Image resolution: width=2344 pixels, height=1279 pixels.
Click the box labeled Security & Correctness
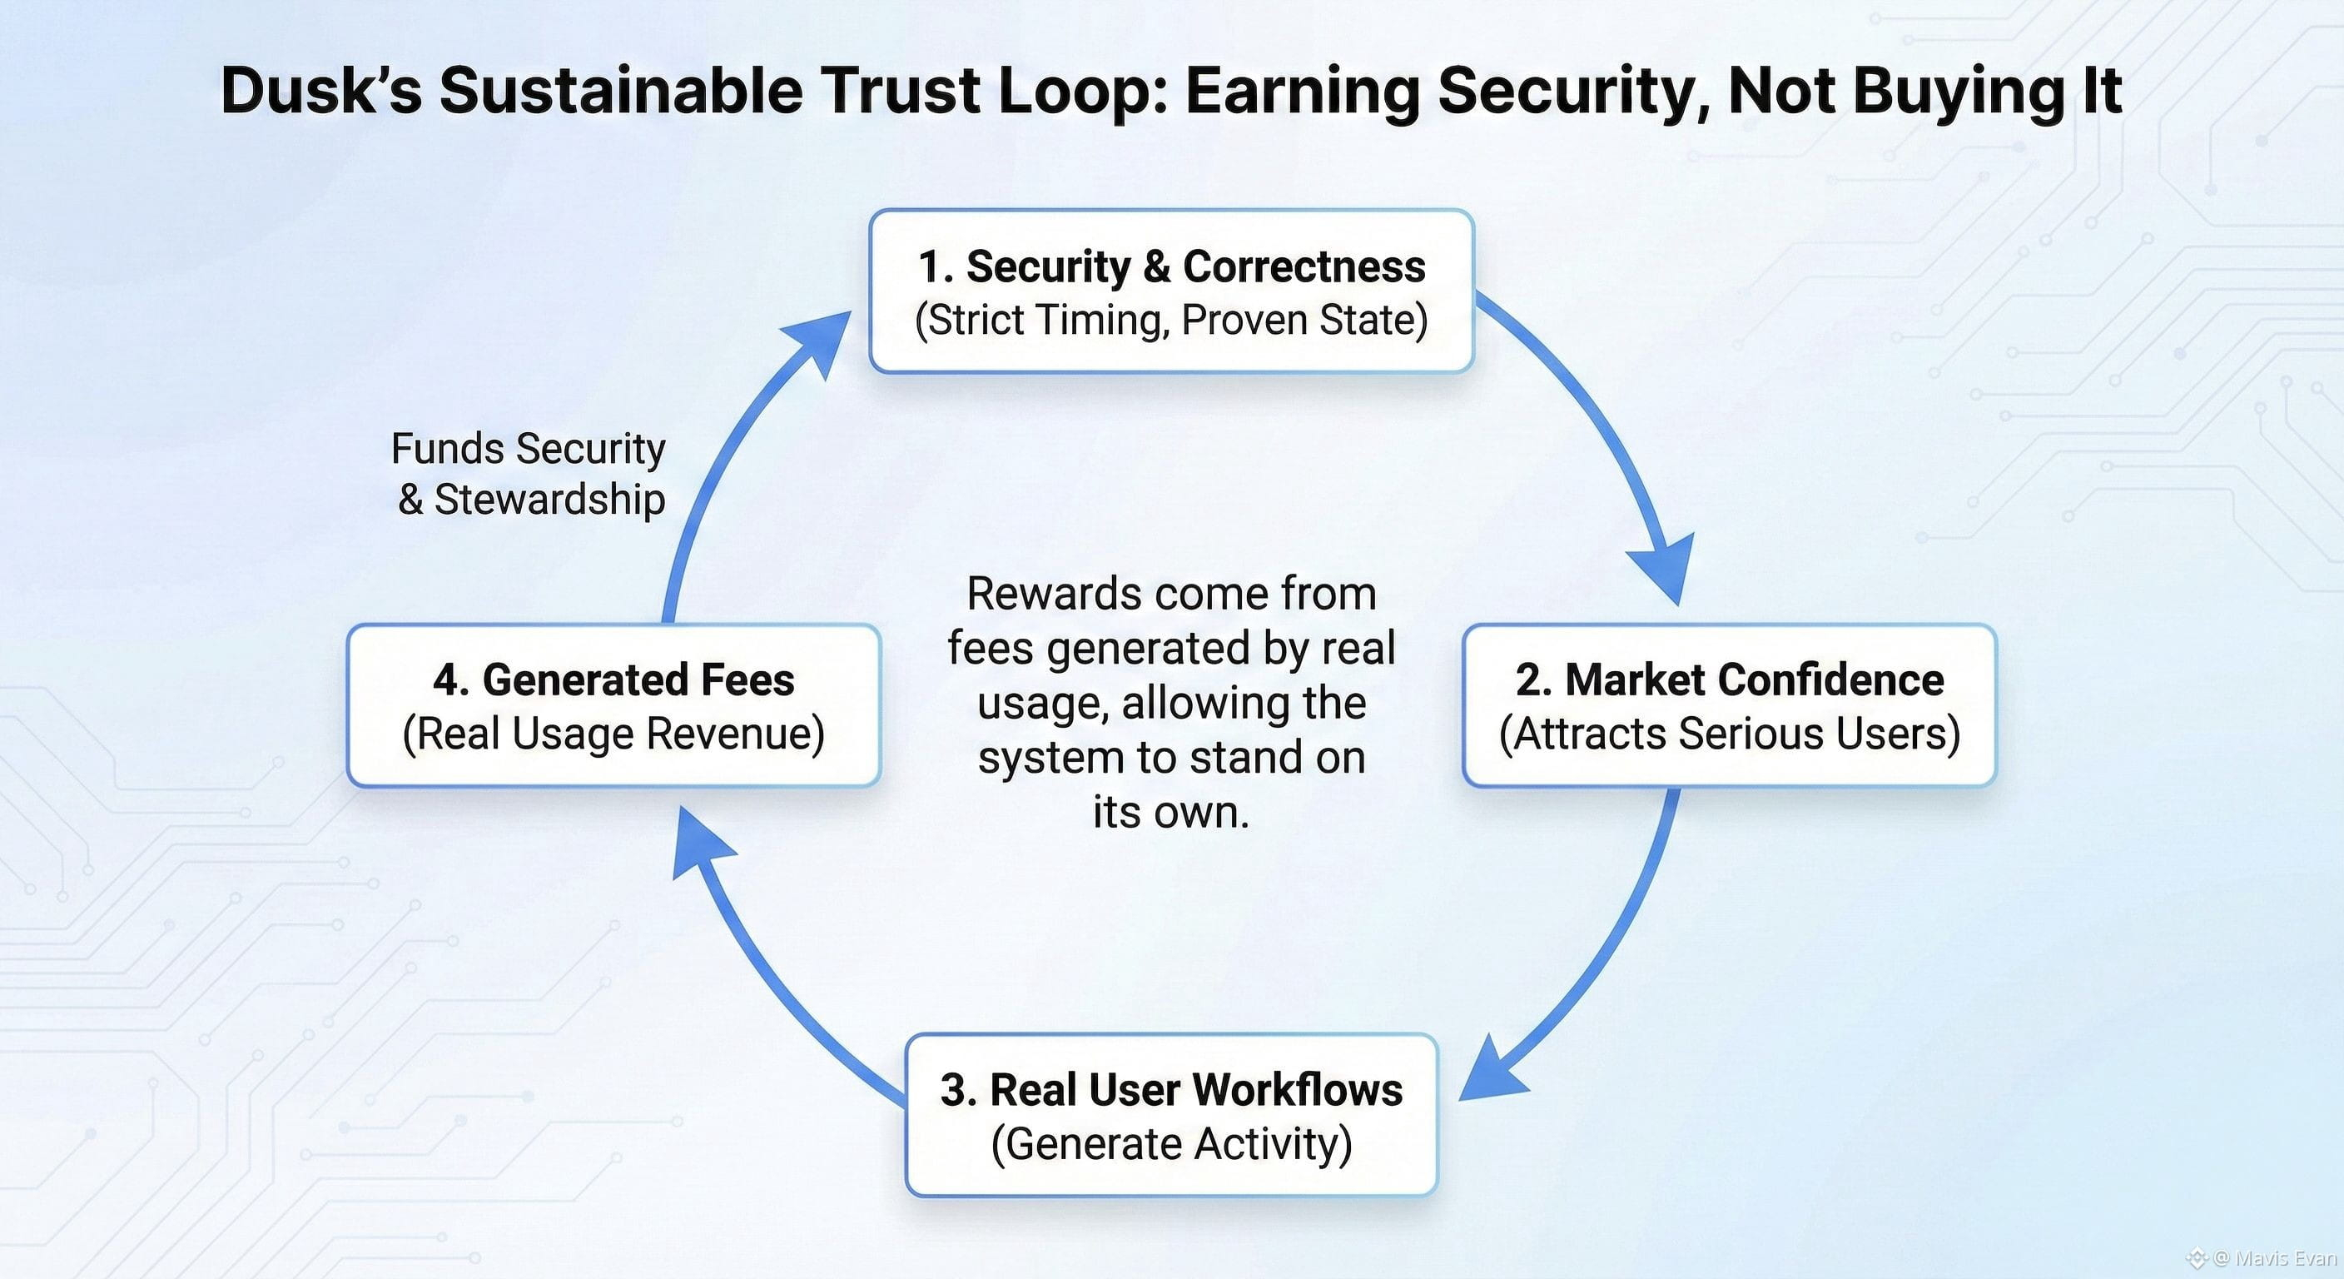[x=1171, y=291]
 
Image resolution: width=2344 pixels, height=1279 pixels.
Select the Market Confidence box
[x=1729, y=705]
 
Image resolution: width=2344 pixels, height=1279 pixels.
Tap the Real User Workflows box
[x=1171, y=1114]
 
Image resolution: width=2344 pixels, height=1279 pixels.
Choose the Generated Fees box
[x=613, y=705]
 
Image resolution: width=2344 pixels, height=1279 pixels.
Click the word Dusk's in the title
[x=321, y=91]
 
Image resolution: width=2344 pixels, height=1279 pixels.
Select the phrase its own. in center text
[x=1171, y=812]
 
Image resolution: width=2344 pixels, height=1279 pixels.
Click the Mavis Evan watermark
[x=2275, y=1259]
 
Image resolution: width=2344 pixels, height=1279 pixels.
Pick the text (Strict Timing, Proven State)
[x=1171, y=320]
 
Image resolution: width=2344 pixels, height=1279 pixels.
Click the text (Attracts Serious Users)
[x=1729, y=734]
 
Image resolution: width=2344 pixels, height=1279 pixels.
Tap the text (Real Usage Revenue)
[x=613, y=734]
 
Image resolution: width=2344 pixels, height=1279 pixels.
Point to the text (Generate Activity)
[x=1171, y=1143]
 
